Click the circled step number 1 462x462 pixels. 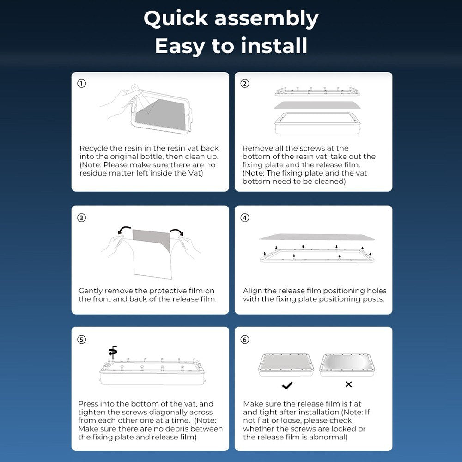coord(82,84)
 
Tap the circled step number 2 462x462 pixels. coord(245,84)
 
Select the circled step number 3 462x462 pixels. coord(82,218)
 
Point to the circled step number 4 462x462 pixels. coord(245,218)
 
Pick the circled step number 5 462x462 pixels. coord(82,340)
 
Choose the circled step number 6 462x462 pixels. coord(245,340)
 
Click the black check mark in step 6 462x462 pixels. coord(287,385)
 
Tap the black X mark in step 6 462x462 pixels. coord(348,384)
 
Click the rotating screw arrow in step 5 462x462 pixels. coord(113,352)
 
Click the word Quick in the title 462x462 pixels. coord(176,19)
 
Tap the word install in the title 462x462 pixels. coord(274,46)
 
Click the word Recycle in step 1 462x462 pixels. coord(93,148)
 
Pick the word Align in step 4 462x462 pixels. coord(253,291)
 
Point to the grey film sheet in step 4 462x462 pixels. coord(317,237)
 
